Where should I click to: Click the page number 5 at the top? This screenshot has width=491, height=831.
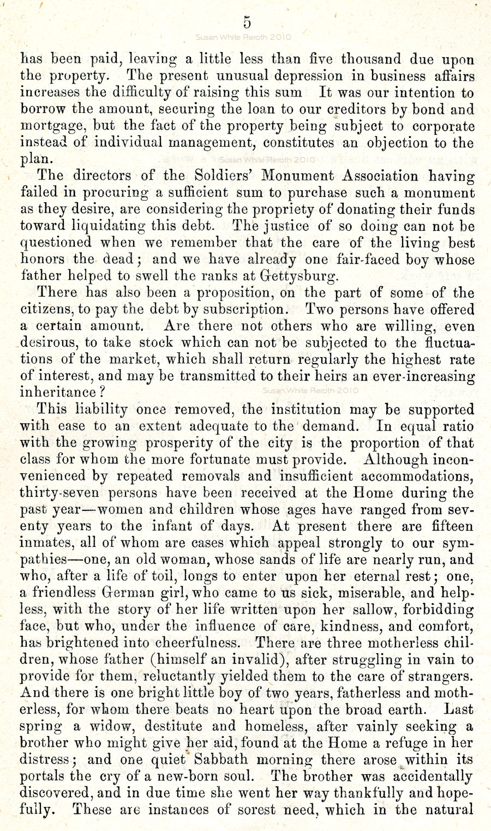coord(247,22)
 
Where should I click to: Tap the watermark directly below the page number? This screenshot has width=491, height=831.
coord(244,38)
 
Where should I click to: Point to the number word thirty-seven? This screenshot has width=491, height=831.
coord(59,493)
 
